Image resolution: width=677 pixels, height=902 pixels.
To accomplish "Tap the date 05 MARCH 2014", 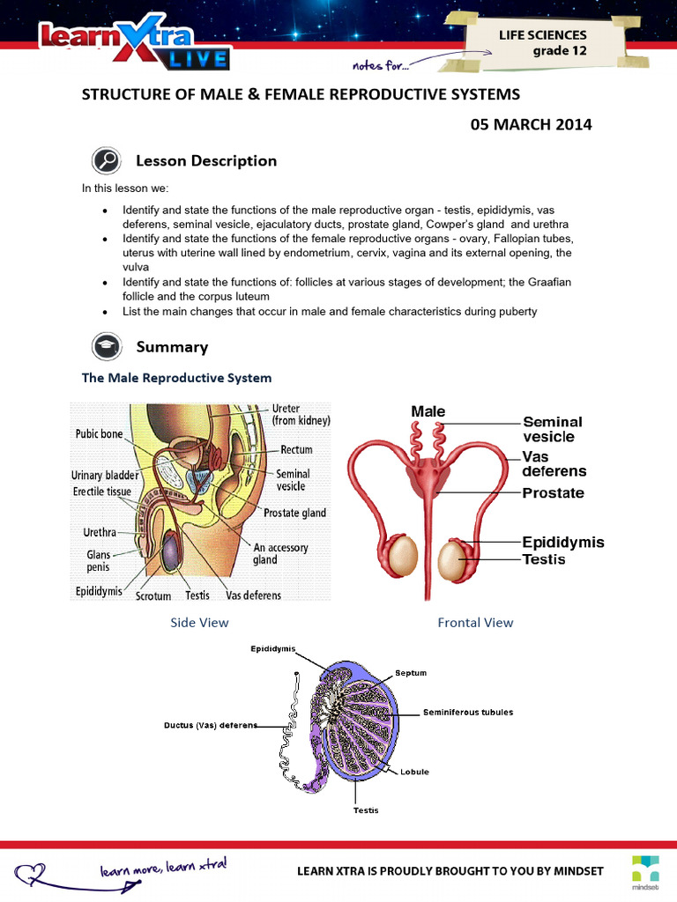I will click(532, 124).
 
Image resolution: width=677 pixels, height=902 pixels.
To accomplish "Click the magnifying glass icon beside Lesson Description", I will click(106, 161).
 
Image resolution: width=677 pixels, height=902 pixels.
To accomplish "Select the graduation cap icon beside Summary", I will click(106, 346).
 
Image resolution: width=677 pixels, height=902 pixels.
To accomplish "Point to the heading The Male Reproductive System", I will click(176, 378).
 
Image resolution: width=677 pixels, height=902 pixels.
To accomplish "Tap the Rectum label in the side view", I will click(296, 449).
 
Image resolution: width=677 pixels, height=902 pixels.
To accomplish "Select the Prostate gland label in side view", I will click(294, 513).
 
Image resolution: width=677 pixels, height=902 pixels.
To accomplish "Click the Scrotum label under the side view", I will click(153, 595).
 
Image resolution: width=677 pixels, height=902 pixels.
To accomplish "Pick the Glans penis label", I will click(99, 560).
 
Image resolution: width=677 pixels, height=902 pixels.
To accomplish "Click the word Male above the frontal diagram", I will click(428, 411).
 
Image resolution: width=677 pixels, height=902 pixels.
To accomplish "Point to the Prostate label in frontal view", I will click(553, 493).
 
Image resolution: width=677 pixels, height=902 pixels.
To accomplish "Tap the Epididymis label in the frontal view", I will click(563, 542).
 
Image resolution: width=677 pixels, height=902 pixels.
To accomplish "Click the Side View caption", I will click(199, 623).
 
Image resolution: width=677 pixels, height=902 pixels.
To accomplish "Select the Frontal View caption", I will click(475, 623).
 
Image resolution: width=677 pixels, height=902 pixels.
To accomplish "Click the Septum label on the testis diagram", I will click(410, 673).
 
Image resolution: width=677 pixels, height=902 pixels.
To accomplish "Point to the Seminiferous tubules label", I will click(467, 712).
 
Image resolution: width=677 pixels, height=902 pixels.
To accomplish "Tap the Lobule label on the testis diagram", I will click(414, 772).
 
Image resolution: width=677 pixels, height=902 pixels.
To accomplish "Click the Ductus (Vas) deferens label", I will click(211, 726).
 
